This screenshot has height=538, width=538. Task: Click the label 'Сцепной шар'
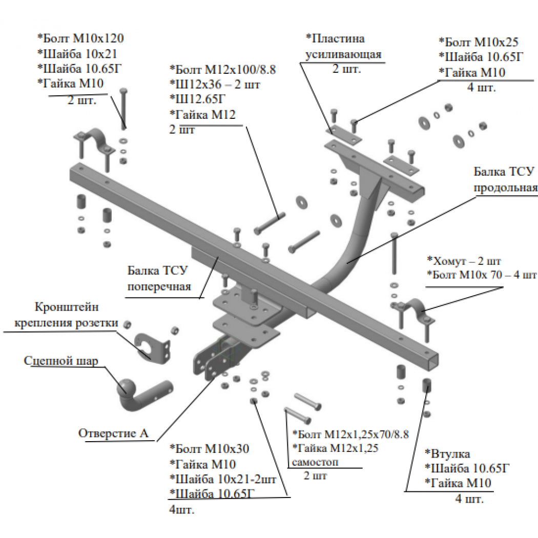tap(61, 361)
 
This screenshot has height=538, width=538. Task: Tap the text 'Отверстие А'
tap(114, 433)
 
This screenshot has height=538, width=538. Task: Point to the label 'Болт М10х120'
tap(80, 38)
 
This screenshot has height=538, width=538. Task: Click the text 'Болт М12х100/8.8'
tap(223, 70)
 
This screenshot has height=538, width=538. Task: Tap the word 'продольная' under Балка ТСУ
tap(505, 188)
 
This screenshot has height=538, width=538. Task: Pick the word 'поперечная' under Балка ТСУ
tap(159, 286)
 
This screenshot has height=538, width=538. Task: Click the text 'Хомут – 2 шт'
tap(464, 261)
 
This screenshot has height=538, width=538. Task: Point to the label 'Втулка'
tap(448, 454)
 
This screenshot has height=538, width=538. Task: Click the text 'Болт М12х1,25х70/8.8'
tap(350, 434)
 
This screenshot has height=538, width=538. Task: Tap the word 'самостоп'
tap(315, 463)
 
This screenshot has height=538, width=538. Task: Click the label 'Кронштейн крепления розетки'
tap(66, 315)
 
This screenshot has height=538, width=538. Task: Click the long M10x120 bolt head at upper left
tap(124, 91)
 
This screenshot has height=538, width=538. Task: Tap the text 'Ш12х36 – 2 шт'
tap(215, 85)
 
